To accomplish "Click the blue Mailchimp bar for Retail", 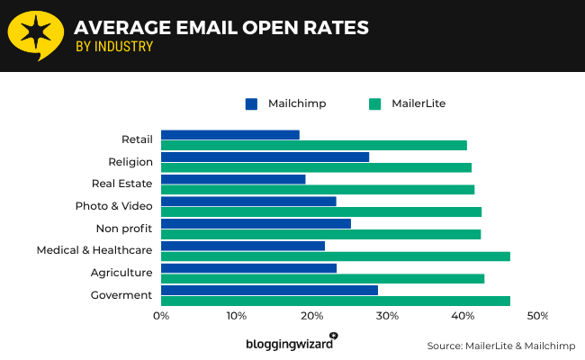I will point(230,135).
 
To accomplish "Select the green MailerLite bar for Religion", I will point(316,167).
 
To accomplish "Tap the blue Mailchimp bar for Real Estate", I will point(233,179).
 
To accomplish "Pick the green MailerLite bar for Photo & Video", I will point(321,212).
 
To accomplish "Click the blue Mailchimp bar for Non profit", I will point(256,223).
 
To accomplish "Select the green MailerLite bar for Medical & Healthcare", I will point(336,256).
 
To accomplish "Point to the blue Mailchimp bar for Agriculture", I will point(248,268).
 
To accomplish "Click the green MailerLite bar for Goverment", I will point(336,301).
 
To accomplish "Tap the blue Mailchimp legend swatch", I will point(252,103).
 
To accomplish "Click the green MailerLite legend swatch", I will point(375,103).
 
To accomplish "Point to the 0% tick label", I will point(161,316).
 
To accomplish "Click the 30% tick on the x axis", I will point(387,316).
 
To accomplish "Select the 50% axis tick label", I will point(537,316).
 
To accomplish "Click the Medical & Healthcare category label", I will point(94,249).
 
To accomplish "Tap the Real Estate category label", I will point(121,183).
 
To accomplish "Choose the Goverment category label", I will point(121,294).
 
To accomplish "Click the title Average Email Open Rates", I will point(221,27).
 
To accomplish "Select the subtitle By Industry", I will point(113,47).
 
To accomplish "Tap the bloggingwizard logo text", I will point(288,344).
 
